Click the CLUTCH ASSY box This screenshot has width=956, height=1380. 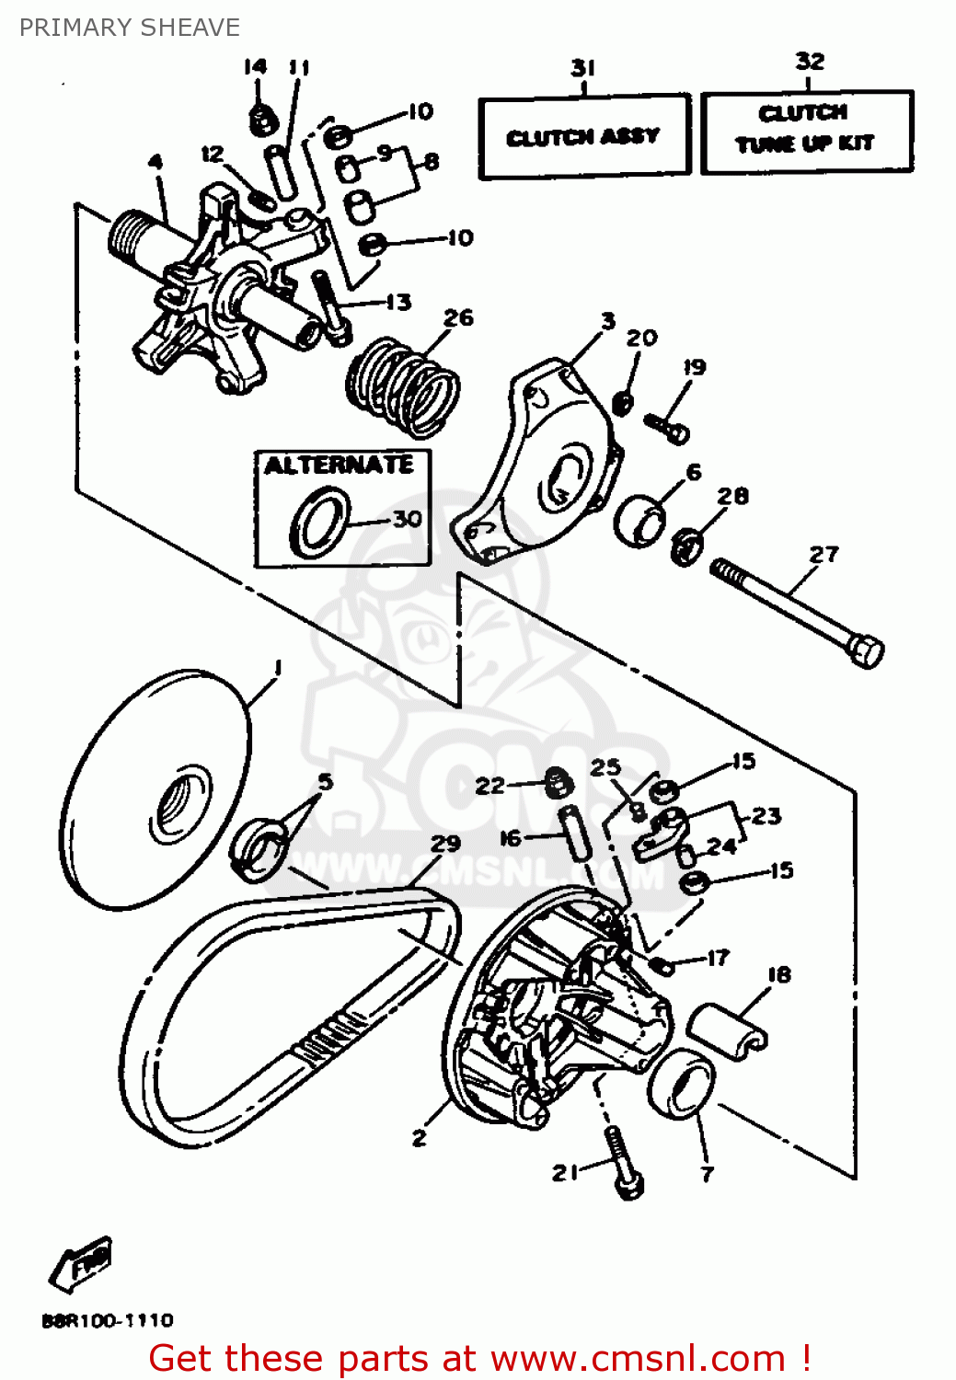[583, 136]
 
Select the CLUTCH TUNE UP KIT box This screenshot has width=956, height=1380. [806, 130]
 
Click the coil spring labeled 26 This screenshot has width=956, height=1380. [403, 385]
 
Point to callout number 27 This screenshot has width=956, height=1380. [824, 555]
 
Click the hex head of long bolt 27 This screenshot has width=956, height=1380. [865, 650]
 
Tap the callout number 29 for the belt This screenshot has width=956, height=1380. [445, 844]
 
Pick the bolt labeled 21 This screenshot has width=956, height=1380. [623, 1164]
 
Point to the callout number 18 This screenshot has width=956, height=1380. [778, 974]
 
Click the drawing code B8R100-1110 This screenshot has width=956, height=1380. [108, 1320]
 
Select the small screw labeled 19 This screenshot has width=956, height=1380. [667, 427]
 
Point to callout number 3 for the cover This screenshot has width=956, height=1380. [608, 321]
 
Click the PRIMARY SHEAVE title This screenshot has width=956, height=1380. [130, 28]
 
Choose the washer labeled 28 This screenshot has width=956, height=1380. [686, 546]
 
